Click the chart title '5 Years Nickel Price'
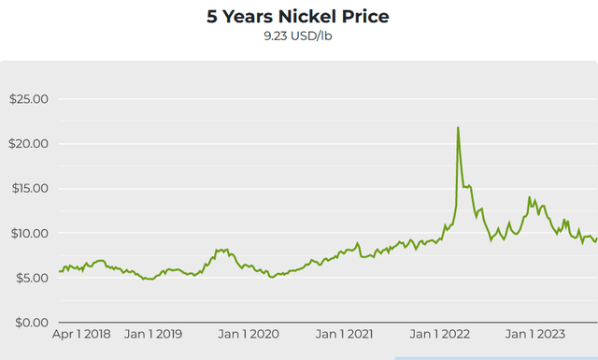(299, 17)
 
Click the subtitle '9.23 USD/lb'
(299, 38)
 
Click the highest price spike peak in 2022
(458, 127)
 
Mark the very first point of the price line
(59, 271)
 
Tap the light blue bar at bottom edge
(495, 358)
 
